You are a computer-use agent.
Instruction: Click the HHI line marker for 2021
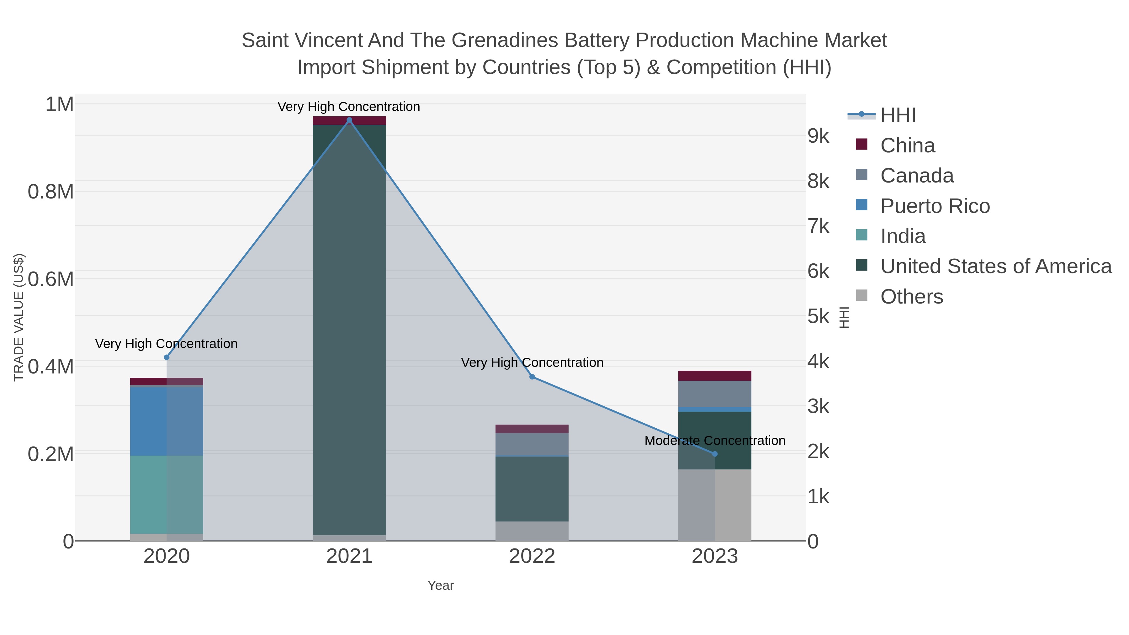(349, 120)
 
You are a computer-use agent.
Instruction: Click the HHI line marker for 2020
(167, 357)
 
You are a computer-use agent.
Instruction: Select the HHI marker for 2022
(532, 377)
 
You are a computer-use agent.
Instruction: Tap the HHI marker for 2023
(715, 454)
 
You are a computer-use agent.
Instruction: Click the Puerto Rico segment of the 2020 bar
(167, 421)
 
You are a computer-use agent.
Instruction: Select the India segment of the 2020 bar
(167, 494)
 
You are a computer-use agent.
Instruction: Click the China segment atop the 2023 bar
(715, 376)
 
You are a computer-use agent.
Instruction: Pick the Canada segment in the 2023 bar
(715, 394)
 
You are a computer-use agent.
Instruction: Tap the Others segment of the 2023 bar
(715, 505)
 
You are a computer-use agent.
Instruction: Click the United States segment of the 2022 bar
(532, 489)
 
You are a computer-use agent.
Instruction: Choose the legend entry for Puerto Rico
(935, 206)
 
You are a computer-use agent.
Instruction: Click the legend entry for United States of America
(996, 267)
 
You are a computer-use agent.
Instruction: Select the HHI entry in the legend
(898, 115)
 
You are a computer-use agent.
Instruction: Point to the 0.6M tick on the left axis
(50, 279)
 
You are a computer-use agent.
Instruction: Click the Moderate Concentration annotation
(715, 441)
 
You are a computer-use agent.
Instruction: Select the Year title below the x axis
(441, 585)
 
